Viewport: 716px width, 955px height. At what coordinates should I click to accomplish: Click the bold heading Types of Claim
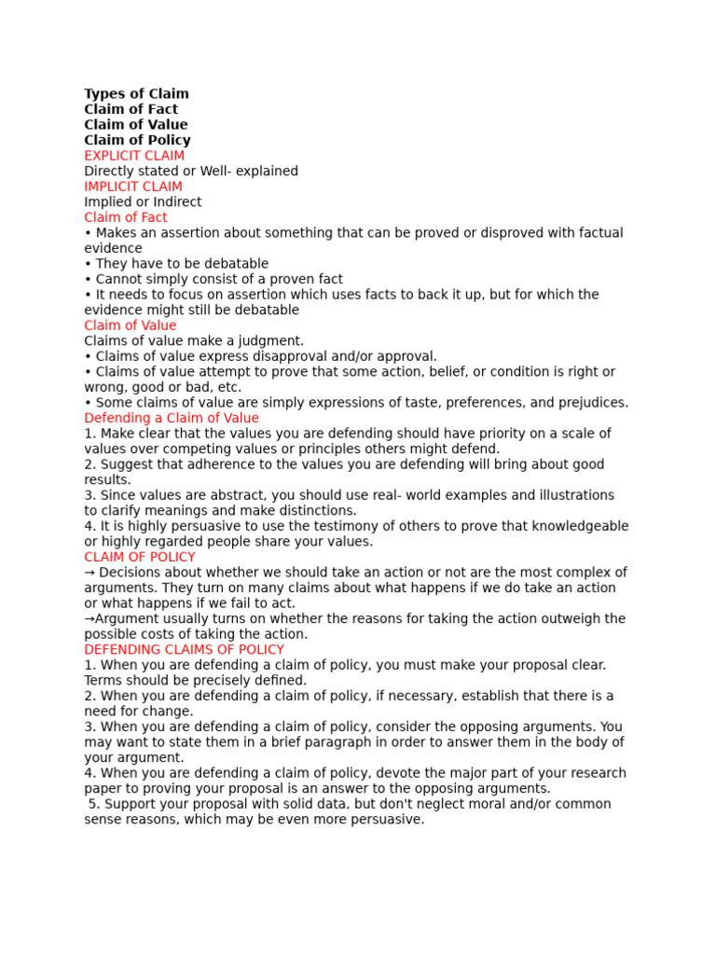pos(136,94)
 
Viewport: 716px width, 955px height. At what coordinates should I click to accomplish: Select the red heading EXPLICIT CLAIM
pos(134,156)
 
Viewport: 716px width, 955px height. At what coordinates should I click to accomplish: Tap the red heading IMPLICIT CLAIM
pos(133,187)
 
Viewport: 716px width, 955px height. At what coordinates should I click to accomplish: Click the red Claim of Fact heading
pos(126,217)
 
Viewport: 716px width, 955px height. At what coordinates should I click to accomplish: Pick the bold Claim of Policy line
pos(137,140)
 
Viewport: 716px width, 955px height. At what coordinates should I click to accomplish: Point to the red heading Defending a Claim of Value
pos(172,418)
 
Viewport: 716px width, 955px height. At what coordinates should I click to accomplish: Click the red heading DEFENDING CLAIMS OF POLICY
pos(184,649)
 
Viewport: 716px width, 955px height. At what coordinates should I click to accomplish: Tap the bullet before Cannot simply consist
pos(88,279)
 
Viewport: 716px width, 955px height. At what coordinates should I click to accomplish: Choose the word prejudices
pos(591,403)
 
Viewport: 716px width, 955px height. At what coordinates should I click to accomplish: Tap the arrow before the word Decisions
pos(89,573)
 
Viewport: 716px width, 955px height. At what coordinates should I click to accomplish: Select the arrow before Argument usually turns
pos(89,619)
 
